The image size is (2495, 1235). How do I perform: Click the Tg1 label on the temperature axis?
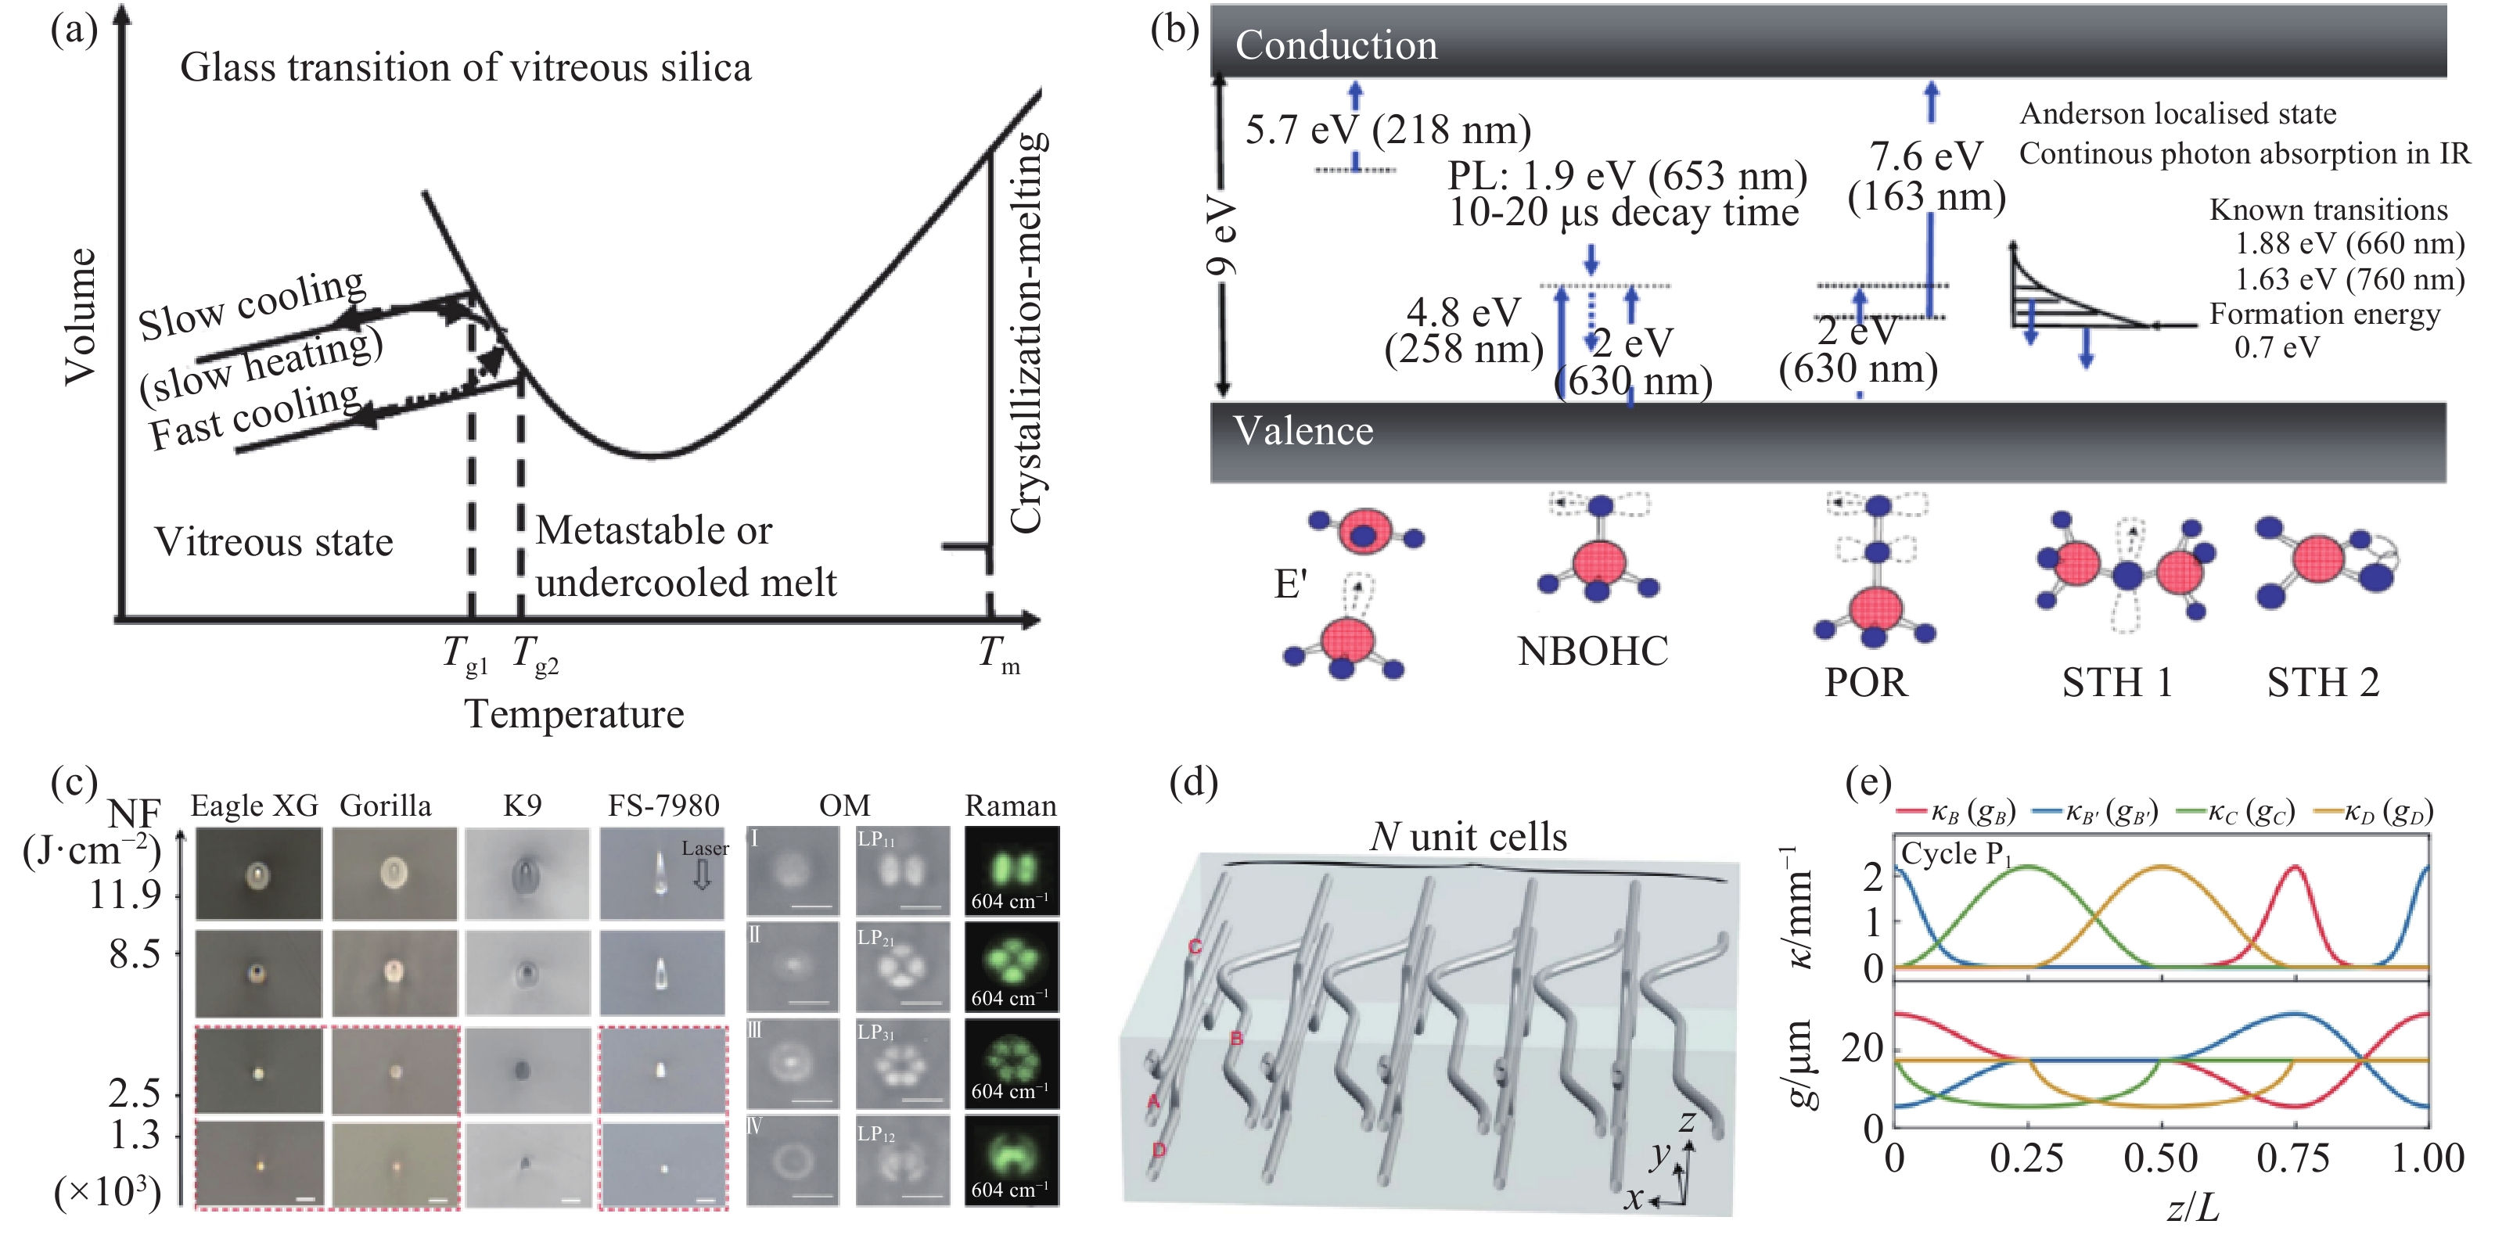pyautogui.click(x=465, y=655)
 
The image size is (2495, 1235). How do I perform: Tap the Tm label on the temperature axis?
pyautogui.click(x=998, y=655)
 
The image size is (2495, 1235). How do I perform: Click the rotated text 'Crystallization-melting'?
pyautogui.click(x=1027, y=332)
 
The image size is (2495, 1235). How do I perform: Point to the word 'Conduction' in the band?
pyautogui.click(x=1336, y=45)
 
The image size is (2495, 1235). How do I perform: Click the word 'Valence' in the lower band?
pyautogui.click(x=1303, y=431)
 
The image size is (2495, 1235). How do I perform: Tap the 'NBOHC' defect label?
pyautogui.click(x=1592, y=651)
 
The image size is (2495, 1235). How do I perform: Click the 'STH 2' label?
pyautogui.click(x=2323, y=683)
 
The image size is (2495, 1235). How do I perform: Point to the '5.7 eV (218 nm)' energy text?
pyautogui.click(x=1388, y=130)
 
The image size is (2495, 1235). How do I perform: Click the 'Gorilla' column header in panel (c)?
pyautogui.click(x=386, y=806)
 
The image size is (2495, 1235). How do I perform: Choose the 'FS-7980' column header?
pyautogui.click(x=663, y=806)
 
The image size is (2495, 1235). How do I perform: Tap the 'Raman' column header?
pyautogui.click(x=1010, y=806)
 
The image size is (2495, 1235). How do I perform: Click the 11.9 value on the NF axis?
pyautogui.click(x=125, y=894)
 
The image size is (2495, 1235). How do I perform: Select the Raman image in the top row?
pyautogui.click(x=1011, y=871)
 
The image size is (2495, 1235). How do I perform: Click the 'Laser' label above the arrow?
pyautogui.click(x=704, y=849)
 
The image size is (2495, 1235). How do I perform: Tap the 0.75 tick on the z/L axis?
pyautogui.click(x=2292, y=1158)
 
